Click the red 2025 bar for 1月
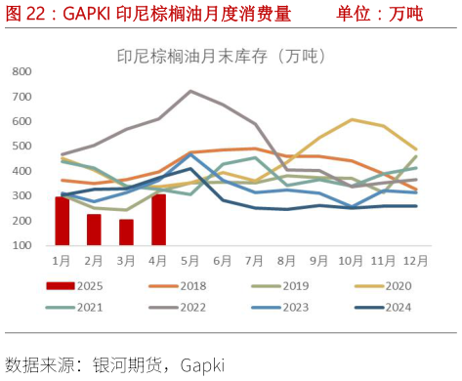point(62,221)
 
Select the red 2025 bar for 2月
point(94,230)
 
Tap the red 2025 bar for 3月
point(126,233)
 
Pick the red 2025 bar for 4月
point(158,220)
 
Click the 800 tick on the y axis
point(21,71)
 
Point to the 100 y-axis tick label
point(21,245)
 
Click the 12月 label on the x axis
point(416,260)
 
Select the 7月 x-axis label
point(255,260)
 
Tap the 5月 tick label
point(190,260)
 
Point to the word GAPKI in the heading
point(87,14)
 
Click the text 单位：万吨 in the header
point(379,14)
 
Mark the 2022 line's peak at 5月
point(190,91)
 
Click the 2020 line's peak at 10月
point(352,119)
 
